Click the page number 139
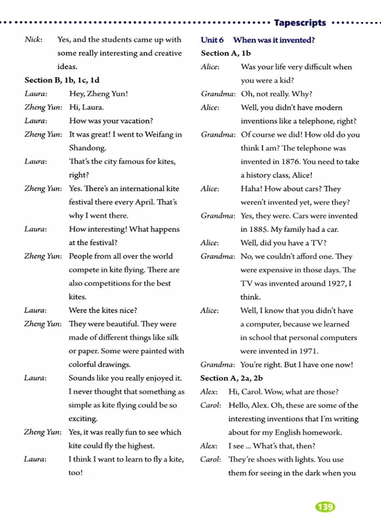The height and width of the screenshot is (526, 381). pos(325,507)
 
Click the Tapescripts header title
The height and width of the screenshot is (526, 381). pos(300,23)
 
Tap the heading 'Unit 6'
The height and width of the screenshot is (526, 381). pos(212,40)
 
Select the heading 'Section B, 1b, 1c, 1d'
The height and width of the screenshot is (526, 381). pos(62,80)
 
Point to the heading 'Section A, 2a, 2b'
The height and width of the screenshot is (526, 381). pos(231,378)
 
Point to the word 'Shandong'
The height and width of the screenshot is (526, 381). pos(87,148)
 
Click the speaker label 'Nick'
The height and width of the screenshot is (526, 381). pos(33,39)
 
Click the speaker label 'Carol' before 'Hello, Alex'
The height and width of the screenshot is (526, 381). pos(210,405)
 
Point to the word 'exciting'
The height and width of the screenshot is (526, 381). pos(83,419)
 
